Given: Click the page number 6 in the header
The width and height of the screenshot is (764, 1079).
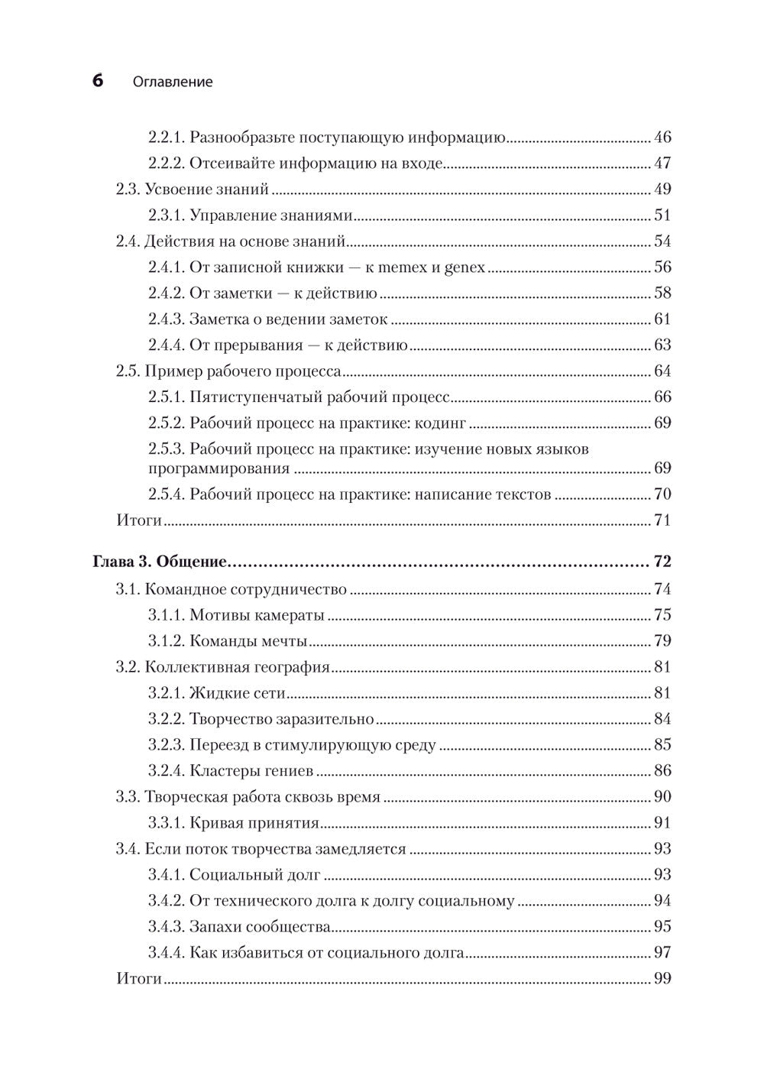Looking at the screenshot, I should tap(98, 80).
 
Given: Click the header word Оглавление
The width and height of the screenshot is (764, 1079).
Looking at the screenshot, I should tap(173, 82).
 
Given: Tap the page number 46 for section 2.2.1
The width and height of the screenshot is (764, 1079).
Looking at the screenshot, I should tap(662, 138).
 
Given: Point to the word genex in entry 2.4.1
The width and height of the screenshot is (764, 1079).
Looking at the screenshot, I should tap(465, 268).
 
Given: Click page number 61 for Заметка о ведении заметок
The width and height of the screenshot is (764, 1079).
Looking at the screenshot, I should tap(662, 319).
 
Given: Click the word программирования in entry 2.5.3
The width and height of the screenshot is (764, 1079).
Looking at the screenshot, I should tap(219, 468).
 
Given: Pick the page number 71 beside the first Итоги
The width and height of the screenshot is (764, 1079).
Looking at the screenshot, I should tap(662, 520).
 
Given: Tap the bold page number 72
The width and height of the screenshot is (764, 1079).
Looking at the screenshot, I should tap(662, 562).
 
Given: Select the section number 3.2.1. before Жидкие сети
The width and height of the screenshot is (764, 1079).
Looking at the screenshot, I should tap(166, 693).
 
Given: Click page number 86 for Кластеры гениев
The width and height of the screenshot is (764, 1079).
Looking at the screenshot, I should tap(662, 770).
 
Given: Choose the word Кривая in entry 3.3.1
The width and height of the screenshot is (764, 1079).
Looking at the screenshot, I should tap(215, 823).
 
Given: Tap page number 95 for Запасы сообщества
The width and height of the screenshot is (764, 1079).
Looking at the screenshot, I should tap(662, 927).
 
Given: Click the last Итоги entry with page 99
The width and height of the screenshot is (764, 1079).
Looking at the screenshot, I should tap(139, 978).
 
